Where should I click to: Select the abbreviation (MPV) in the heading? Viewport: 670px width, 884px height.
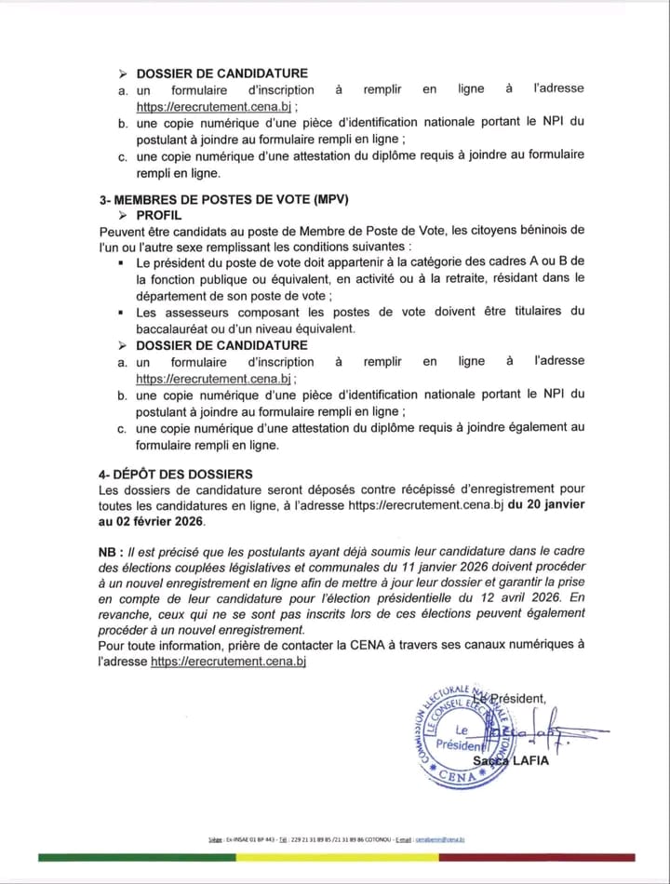pyautogui.click(x=334, y=199)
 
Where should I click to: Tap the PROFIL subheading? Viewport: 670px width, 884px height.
pyautogui.click(x=159, y=215)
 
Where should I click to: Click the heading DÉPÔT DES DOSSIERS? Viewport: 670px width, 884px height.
pyautogui.click(x=182, y=474)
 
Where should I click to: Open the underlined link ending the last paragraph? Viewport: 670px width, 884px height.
pyautogui.click(x=228, y=661)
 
